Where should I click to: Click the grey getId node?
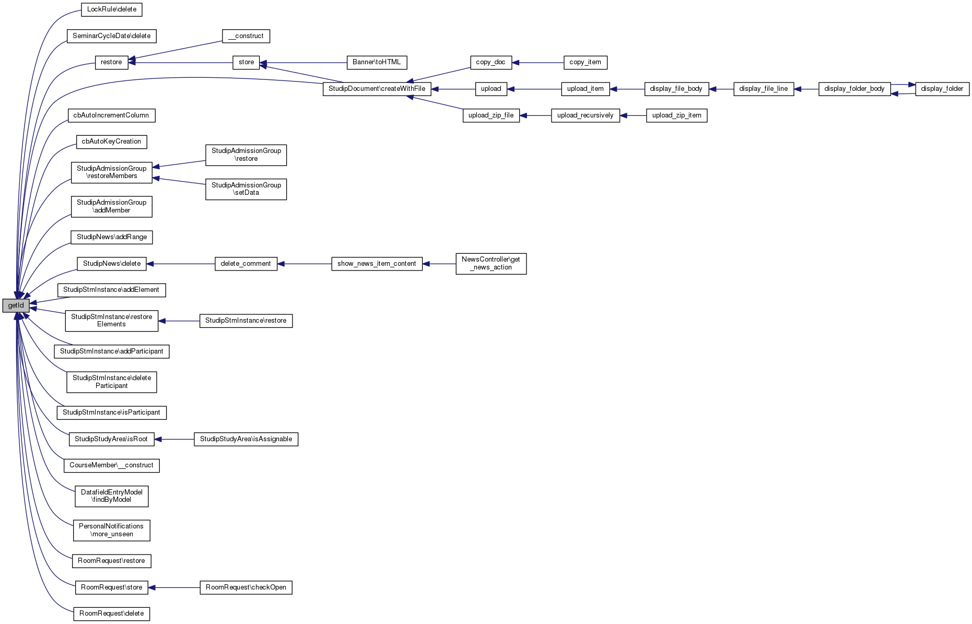click(x=16, y=305)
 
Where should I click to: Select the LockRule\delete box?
click(x=112, y=9)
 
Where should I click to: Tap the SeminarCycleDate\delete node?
click(x=111, y=36)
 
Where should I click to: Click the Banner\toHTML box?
click(x=377, y=62)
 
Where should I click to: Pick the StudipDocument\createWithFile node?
click(x=377, y=89)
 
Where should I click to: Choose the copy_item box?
click(x=585, y=62)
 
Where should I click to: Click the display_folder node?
click(x=942, y=89)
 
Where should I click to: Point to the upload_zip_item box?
click(x=676, y=115)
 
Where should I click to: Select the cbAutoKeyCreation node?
click(x=111, y=142)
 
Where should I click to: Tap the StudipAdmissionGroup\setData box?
click(x=246, y=189)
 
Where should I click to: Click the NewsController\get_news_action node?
click(x=491, y=264)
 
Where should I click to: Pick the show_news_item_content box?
click(x=377, y=264)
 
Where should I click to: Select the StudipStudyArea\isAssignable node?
click(x=246, y=439)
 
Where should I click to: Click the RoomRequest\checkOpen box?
click(x=246, y=587)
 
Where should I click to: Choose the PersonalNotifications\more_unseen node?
click(x=111, y=530)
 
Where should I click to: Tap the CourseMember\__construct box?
click(x=111, y=465)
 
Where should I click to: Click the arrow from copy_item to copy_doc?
click(x=538, y=63)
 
